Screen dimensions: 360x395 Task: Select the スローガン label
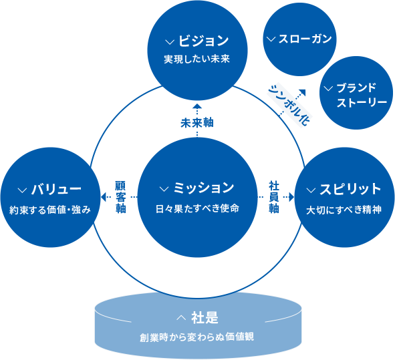click(304, 38)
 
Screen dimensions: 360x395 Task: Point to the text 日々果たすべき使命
click(197, 208)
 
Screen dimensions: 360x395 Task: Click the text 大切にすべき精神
click(344, 209)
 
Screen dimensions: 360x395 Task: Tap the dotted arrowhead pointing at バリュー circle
click(102, 197)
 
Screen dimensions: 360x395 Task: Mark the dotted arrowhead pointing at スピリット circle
click(291, 197)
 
